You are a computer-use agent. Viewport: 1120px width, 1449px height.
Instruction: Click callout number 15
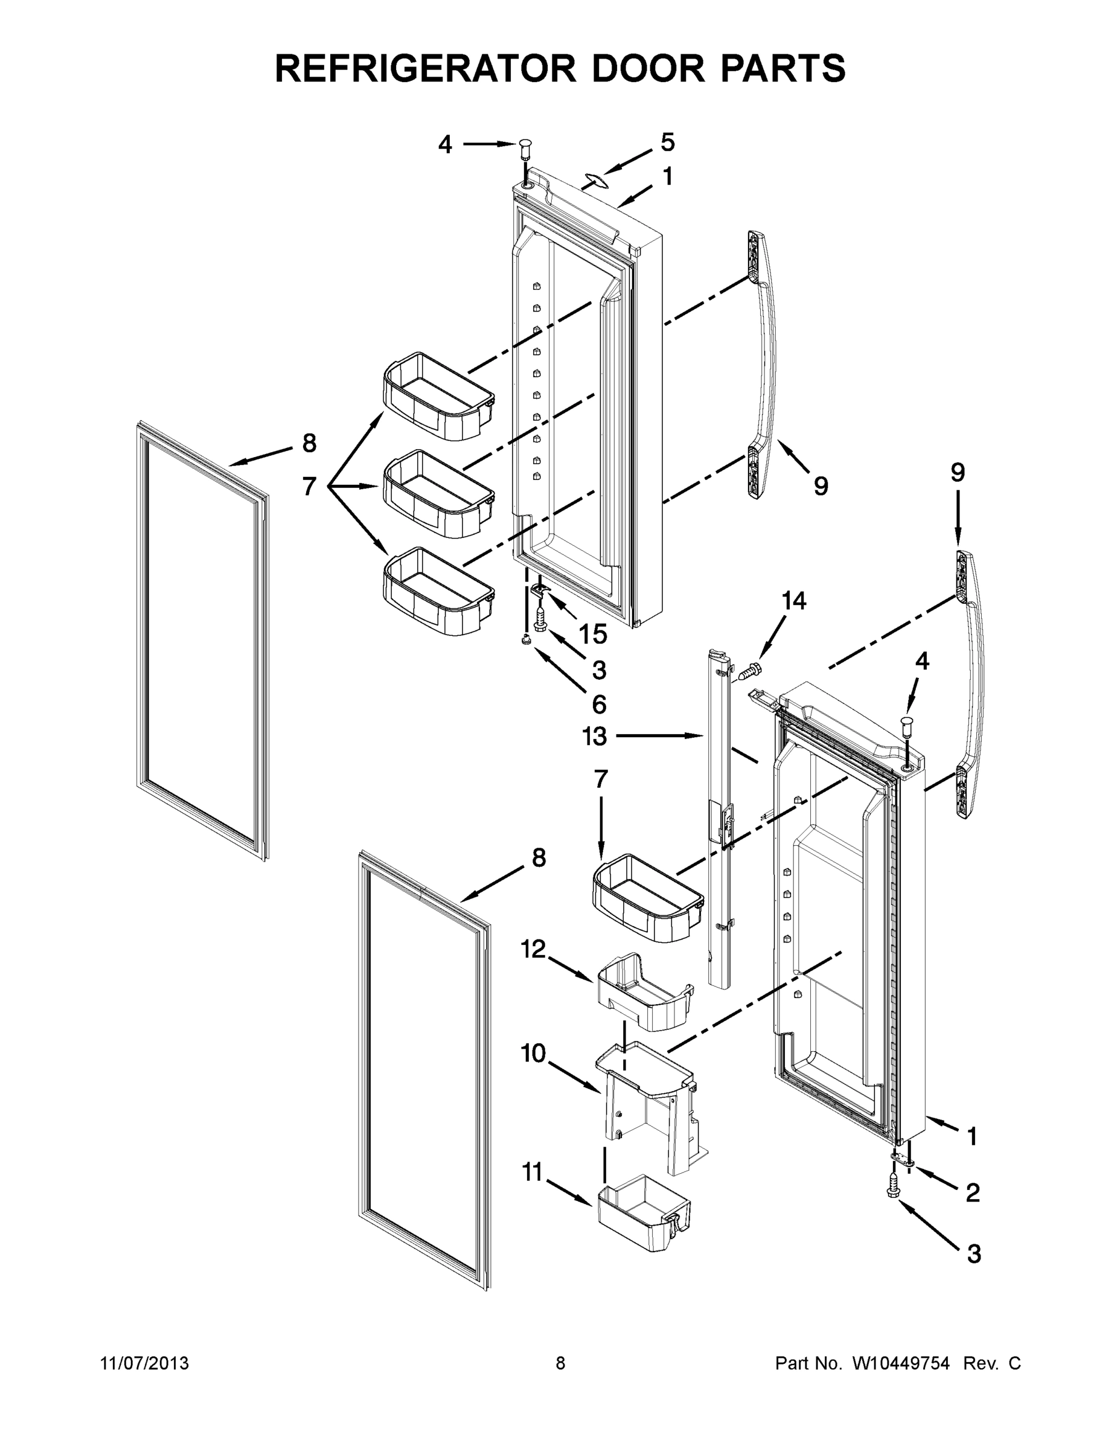pyautogui.click(x=592, y=635)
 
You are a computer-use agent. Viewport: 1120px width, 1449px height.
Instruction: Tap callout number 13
pyautogui.click(x=595, y=736)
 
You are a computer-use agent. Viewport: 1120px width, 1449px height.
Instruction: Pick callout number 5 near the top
pyautogui.click(x=668, y=142)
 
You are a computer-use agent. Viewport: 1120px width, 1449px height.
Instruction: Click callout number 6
pyautogui.click(x=598, y=705)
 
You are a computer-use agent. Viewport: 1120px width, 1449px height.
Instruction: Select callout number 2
pyautogui.click(x=972, y=1194)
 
